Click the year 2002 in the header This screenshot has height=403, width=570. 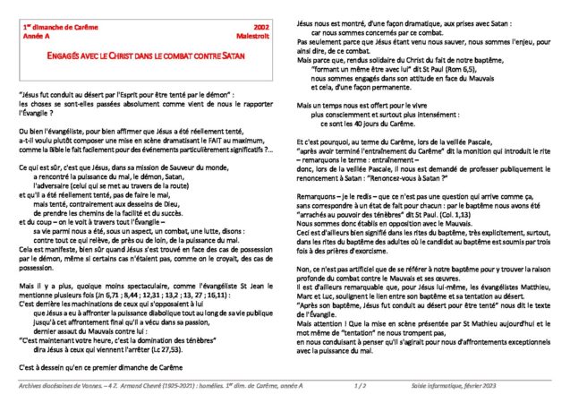pyautogui.click(x=262, y=29)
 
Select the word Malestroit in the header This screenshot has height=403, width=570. pyautogui.click(x=253, y=38)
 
